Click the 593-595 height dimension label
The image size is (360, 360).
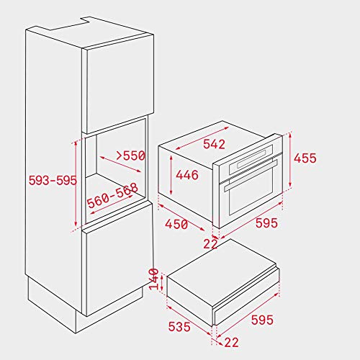53,180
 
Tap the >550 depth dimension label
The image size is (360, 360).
131,156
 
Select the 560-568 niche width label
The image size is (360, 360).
112,195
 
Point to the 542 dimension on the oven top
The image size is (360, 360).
214,144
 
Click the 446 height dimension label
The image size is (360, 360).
187,175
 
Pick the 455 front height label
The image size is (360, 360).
305,158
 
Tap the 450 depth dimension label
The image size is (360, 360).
176,225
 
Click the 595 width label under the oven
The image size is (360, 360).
266,222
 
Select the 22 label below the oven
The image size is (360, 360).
210,244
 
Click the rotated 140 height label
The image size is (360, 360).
154,279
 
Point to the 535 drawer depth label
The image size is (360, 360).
179,327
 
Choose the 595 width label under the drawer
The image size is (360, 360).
262,320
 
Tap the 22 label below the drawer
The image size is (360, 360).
231,342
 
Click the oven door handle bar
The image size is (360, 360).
251,175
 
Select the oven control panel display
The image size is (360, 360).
251,158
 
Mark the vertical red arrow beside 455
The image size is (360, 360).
290,160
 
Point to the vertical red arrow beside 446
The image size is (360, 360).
171,175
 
